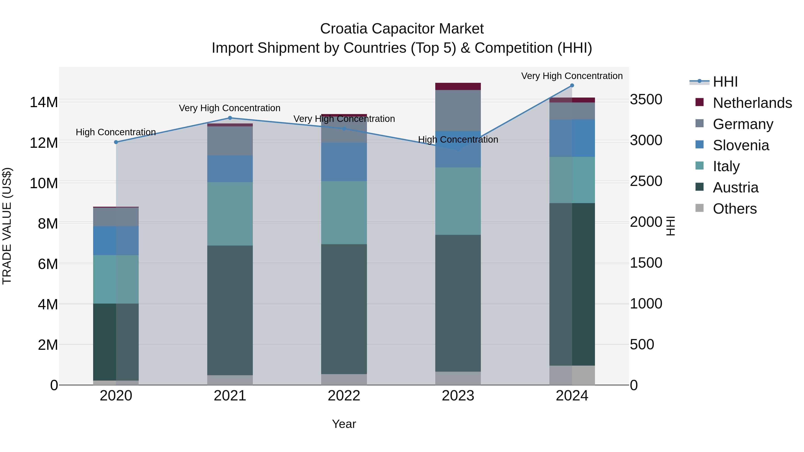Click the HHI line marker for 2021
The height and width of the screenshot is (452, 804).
click(230, 118)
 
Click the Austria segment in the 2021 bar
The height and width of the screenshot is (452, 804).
click(230, 310)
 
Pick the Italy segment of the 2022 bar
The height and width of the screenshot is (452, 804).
click(344, 212)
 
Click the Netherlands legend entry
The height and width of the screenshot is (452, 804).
click(752, 103)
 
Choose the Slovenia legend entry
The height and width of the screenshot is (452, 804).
click(741, 145)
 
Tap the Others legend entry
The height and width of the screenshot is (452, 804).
click(735, 209)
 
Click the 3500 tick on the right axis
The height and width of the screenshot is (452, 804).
click(646, 100)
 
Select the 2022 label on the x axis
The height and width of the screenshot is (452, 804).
click(344, 396)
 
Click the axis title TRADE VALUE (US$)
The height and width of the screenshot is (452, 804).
click(7, 226)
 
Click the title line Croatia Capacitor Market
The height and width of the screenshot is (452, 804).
click(402, 29)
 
